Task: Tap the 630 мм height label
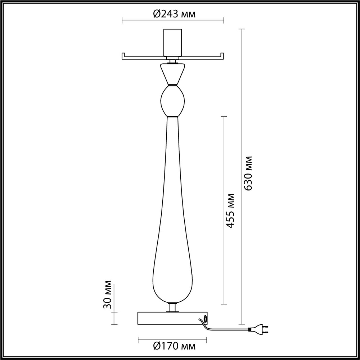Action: pyautogui.click(x=248, y=173)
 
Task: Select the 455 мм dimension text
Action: pyautogui.click(x=230, y=211)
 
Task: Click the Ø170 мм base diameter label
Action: pyautogui.click(x=174, y=347)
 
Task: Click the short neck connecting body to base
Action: pyautogui.click(x=173, y=308)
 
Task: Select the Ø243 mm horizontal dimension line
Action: pyautogui.click(x=144, y=19)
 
